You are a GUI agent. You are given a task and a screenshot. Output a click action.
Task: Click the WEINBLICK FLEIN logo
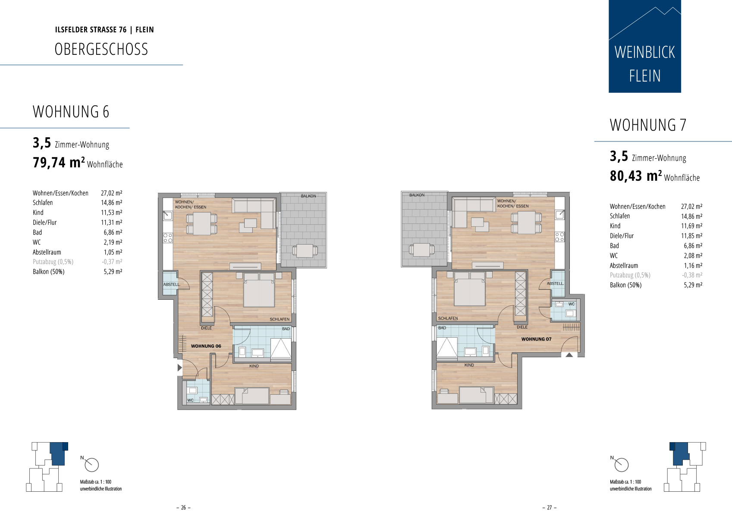coord(645,46)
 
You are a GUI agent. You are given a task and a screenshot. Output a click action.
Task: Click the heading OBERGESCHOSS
coord(101,49)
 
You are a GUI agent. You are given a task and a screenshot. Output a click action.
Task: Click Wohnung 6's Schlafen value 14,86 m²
coord(111,203)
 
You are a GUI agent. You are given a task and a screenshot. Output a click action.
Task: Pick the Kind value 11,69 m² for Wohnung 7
coord(692,226)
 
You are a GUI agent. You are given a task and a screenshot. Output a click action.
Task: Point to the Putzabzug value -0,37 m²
coord(112,262)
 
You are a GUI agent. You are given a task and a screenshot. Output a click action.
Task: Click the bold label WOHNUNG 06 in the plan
coord(206,346)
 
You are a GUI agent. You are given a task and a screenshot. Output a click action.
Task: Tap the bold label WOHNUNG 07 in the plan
coord(536,339)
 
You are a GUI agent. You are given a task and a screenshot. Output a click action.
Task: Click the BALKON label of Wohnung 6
coord(308,196)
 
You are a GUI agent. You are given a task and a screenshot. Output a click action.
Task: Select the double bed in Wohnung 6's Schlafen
coord(259,290)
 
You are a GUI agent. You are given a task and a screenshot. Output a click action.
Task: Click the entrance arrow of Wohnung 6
coord(180,368)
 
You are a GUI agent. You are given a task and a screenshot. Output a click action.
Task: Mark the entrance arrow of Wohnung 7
coord(569,355)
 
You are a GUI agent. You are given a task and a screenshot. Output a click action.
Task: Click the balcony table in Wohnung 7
coord(421,250)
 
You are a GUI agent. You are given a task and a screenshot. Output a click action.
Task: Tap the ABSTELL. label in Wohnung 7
coord(555,284)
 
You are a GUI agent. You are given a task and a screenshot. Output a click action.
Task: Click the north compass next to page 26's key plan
coord(91,465)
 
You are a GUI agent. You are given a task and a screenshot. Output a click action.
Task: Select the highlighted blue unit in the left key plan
coord(58,453)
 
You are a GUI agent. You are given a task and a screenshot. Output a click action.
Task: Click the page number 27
coord(550,507)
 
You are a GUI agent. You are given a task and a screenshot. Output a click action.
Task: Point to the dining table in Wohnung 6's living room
coord(201,223)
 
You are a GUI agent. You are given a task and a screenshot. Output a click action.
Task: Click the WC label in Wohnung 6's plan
coord(190,400)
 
